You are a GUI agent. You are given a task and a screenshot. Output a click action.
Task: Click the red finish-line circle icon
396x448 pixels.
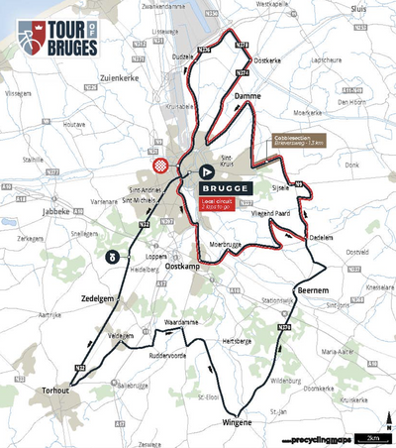pos(161,164)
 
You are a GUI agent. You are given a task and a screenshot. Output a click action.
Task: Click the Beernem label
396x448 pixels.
pos(313,289)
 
